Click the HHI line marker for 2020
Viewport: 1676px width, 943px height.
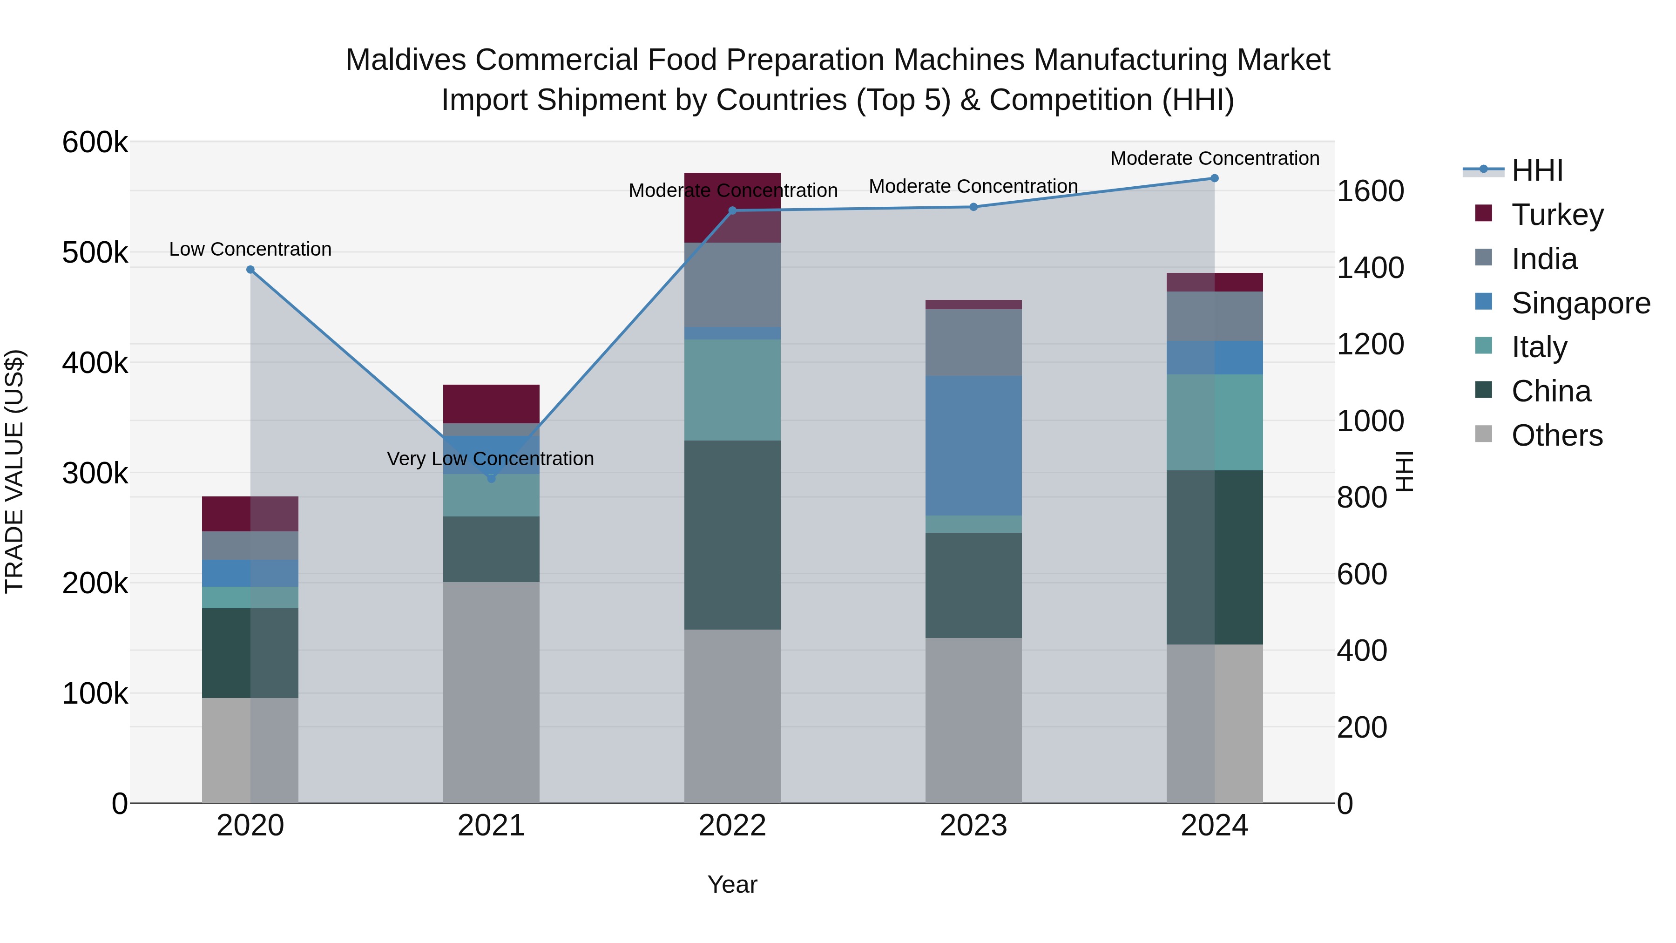[x=250, y=270]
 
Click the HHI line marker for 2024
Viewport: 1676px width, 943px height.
[x=1214, y=178]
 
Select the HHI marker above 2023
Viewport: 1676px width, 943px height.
[x=973, y=207]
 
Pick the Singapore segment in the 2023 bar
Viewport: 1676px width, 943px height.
[x=973, y=445]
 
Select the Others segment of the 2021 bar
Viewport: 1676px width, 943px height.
[x=491, y=692]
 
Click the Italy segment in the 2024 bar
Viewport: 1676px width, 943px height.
[x=1214, y=422]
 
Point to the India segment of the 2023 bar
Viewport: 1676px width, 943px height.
[x=973, y=342]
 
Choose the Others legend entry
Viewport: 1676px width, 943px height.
[x=1556, y=435]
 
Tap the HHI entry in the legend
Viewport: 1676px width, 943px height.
[x=1536, y=170]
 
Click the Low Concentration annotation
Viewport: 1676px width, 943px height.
[x=250, y=249]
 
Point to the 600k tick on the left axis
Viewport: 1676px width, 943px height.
[x=95, y=142]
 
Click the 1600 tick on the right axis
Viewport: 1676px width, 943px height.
[x=1370, y=191]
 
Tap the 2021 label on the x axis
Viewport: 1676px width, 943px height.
[x=491, y=826]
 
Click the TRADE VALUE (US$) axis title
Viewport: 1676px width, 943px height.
[x=14, y=471]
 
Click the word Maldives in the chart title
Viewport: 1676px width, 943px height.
[x=405, y=60]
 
